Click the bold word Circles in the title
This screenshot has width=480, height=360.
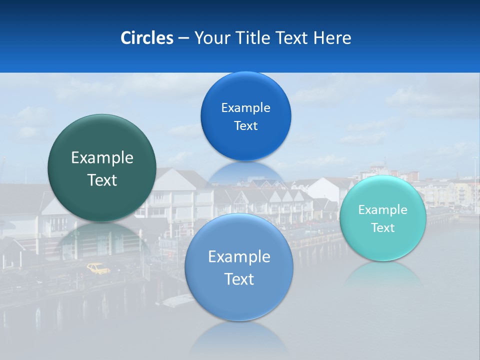[x=146, y=38]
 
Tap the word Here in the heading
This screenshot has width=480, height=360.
[x=332, y=38]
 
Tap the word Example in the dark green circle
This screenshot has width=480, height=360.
[x=102, y=158]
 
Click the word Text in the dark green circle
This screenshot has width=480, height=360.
[x=102, y=180]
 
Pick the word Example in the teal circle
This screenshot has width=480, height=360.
[x=382, y=210]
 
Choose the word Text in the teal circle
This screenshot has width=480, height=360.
[x=382, y=228]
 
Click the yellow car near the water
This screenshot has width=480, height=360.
[x=98, y=269]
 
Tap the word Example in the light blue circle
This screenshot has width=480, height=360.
[x=239, y=257]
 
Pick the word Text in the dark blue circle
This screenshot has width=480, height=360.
[x=245, y=126]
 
